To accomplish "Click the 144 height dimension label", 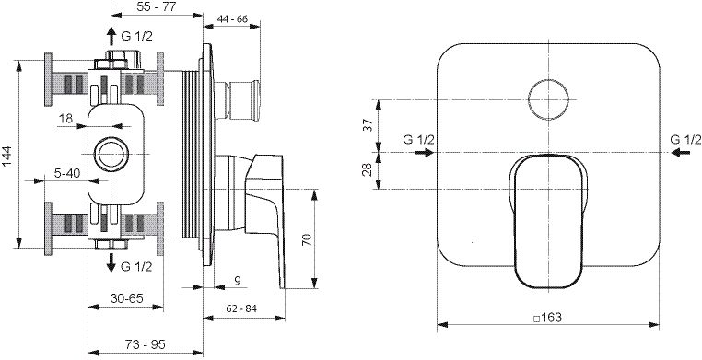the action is [8, 157].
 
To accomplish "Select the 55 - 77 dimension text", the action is [157, 6].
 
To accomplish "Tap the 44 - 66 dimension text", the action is [232, 19].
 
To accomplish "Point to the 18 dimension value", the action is [65, 119].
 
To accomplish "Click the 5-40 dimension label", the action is [66, 172].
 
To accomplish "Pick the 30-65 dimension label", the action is [127, 297].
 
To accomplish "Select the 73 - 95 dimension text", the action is [145, 344].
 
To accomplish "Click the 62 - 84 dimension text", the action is [241, 308].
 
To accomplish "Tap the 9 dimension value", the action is [238, 281].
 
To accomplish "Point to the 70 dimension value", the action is [306, 239].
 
